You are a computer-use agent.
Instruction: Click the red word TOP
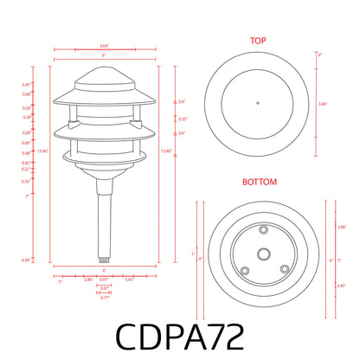258,41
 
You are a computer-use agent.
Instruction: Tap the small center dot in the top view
258,103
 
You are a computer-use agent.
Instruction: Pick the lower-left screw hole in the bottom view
245,270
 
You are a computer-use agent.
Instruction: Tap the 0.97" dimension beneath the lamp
104,279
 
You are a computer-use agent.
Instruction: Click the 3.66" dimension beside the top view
322,103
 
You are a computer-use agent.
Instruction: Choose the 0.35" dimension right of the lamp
182,119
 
